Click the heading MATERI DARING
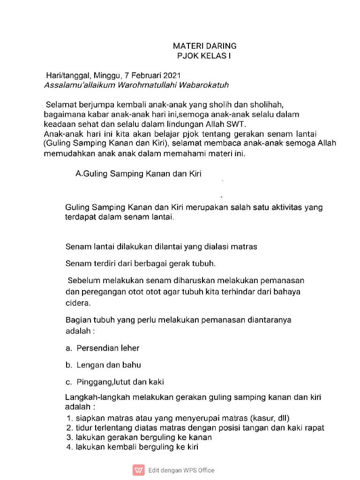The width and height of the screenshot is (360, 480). [204, 46]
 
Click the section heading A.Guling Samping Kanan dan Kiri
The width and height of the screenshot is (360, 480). [138, 174]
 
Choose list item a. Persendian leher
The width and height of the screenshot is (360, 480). [102, 348]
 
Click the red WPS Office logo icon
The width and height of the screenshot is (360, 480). [139, 470]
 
